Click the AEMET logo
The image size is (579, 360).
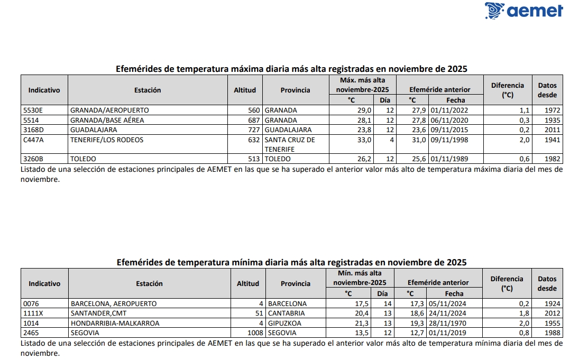pos(523,11)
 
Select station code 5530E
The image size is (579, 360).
pos(33,110)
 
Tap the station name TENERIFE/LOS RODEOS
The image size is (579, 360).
pos(107,140)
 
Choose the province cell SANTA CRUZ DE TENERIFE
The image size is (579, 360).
pos(290,144)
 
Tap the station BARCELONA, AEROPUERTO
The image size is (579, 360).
pos(114,304)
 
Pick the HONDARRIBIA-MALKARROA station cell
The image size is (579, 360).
pos(115,323)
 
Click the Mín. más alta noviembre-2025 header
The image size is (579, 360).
pos(360,278)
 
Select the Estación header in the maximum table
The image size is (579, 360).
pos(148,90)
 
